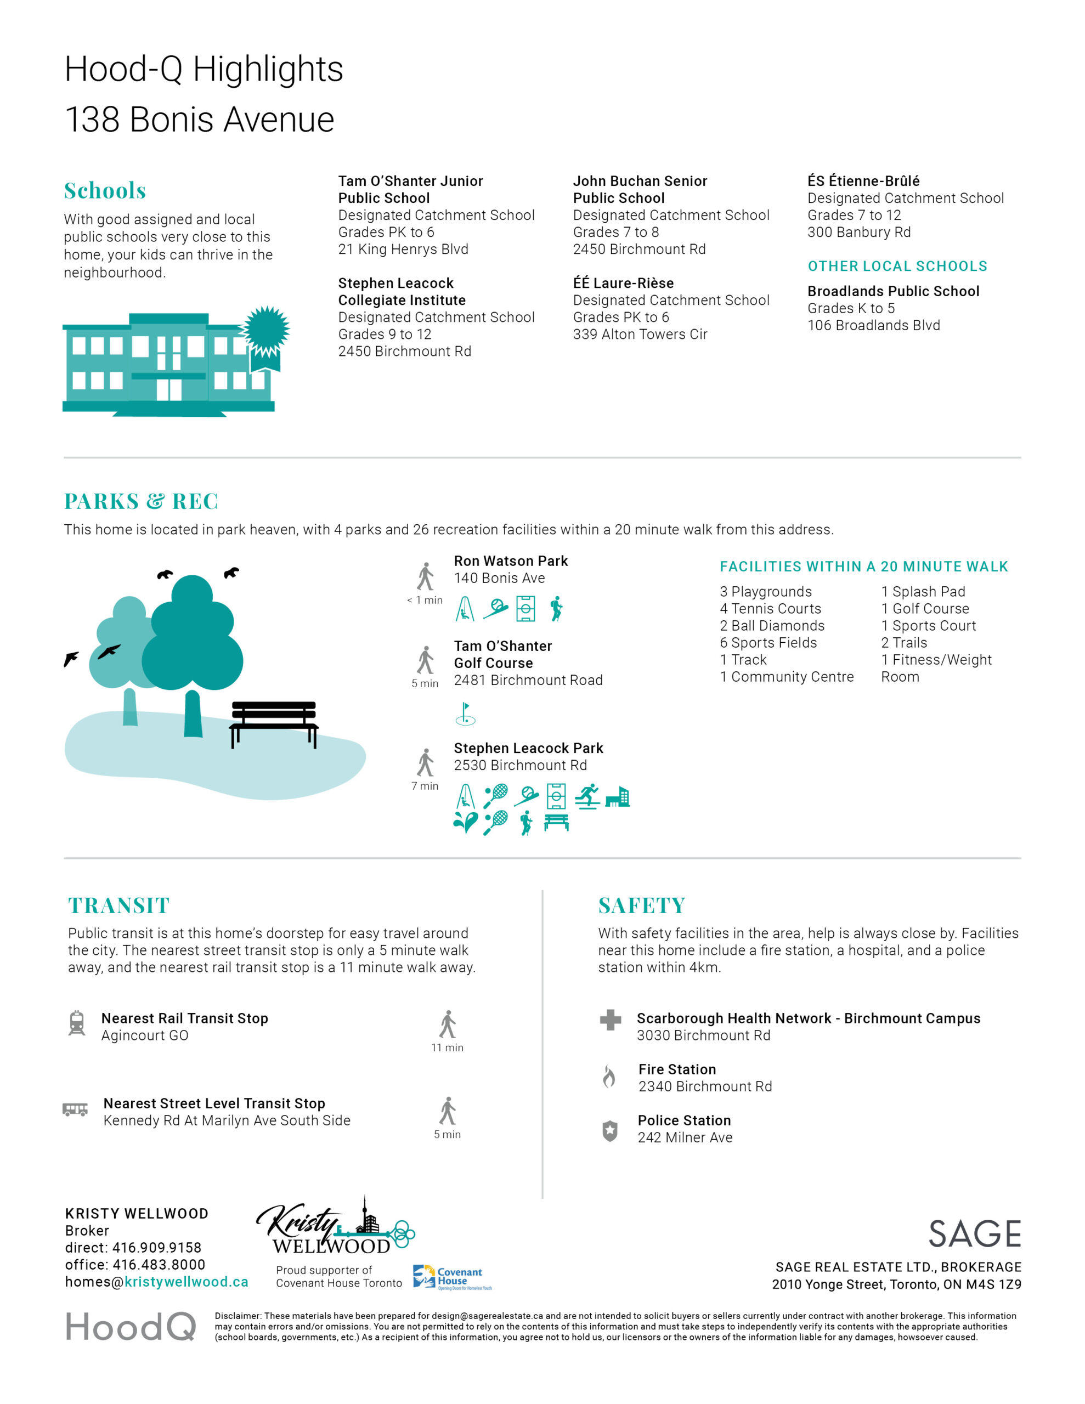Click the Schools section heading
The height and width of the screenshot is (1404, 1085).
click(105, 191)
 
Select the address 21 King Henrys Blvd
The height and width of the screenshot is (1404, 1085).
click(403, 250)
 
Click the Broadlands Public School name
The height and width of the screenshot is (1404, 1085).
click(892, 291)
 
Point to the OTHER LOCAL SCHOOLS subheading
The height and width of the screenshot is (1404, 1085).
click(897, 266)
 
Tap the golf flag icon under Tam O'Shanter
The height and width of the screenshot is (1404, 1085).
click(465, 714)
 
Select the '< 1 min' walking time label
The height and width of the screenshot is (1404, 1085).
click(425, 601)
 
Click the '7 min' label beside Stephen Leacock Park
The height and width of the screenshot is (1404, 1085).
click(425, 786)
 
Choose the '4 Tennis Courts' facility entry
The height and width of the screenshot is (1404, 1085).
click(770, 609)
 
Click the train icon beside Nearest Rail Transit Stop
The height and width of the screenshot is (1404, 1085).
click(77, 1023)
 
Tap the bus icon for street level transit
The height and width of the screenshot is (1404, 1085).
click(75, 1109)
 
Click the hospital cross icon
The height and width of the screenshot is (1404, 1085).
click(610, 1020)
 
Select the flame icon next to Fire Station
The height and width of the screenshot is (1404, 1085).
click(608, 1076)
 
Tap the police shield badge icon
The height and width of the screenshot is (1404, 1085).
click(610, 1131)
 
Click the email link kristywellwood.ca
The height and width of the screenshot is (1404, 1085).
click(186, 1282)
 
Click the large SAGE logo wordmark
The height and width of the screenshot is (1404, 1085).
click(974, 1235)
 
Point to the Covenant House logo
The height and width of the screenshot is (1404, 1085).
click(452, 1277)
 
